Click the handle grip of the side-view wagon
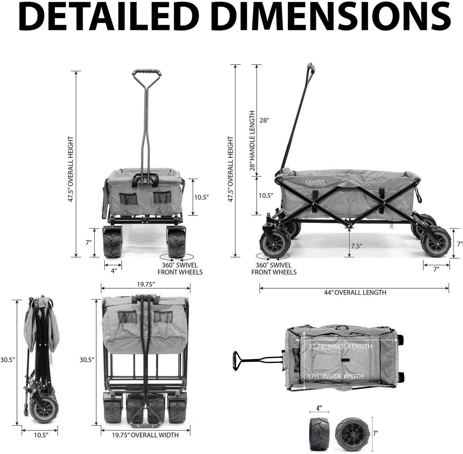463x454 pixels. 310,68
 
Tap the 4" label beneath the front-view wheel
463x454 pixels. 114,271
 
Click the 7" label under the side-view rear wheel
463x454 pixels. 436,270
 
